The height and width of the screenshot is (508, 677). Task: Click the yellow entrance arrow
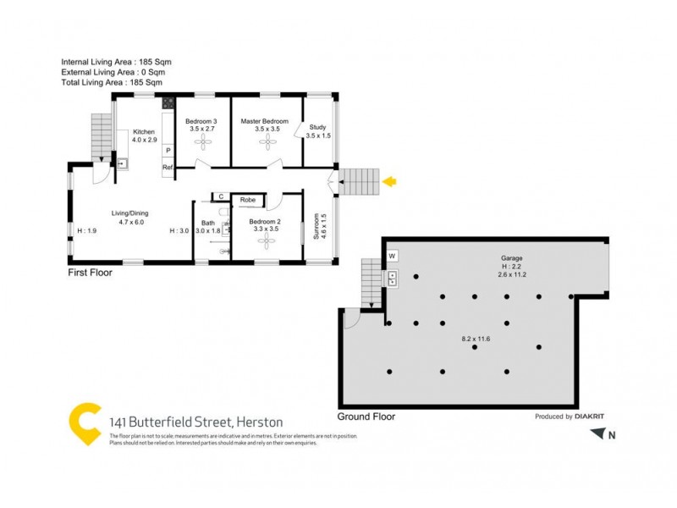coord(390,181)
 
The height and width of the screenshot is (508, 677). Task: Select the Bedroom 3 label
coord(201,122)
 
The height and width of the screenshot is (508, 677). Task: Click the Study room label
coord(317,127)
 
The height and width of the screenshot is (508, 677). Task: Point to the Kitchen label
coord(142,132)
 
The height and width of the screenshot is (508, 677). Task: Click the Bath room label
coord(207,223)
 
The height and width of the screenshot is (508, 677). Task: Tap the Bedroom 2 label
coord(266,222)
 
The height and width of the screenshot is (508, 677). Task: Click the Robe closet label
coord(248,200)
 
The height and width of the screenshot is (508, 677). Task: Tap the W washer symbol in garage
coord(393,256)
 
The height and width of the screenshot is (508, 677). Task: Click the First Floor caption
coord(90,273)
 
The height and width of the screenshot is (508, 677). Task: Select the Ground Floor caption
coord(366,417)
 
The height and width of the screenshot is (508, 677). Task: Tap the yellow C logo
coord(84,424)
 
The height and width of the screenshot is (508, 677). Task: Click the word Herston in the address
coord(260,422)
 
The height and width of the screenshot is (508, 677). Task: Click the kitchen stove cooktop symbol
coord(168,105)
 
